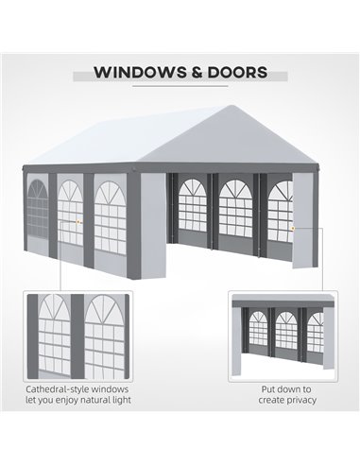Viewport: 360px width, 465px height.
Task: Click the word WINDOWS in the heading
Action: pos(140,72)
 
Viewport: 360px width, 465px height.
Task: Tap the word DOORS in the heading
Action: pos(237,72)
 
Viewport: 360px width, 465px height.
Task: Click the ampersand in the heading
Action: pos(197,72)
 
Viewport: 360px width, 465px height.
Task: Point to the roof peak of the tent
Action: pos(231,106)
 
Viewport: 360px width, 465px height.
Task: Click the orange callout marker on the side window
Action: pos(77,222)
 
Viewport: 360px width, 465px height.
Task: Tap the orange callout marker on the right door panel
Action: pos(293,228)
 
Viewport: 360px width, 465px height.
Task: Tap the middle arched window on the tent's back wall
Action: pos(235,208)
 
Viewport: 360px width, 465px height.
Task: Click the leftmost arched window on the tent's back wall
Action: pos(193,205)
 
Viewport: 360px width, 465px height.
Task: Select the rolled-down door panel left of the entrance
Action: pos(153,226)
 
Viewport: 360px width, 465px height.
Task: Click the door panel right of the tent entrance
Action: pos(302,219)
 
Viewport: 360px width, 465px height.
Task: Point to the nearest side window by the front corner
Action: pos(110,217)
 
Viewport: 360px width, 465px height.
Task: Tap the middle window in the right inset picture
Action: pos(286,331)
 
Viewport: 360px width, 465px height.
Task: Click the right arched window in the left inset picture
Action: pos(105,336)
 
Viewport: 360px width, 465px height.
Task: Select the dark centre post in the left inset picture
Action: pos(77,336)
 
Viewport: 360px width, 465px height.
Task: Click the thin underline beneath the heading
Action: pos(180,86)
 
